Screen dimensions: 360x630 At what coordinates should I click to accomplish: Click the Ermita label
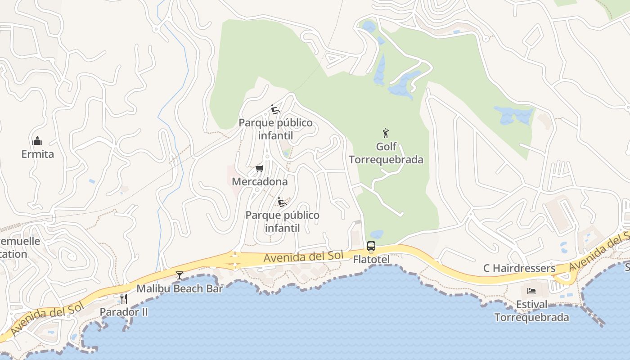coord(38,154)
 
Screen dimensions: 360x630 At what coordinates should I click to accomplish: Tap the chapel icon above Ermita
coord(38,141)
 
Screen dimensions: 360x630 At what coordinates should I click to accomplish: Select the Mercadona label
coord(260,182)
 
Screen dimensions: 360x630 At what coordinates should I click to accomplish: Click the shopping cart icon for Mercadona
coord(259,169)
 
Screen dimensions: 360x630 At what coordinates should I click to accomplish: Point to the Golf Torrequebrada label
coord(386,153)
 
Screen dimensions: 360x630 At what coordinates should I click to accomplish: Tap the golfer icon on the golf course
coord(386,133)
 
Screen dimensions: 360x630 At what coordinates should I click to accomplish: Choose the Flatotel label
coord(371,260)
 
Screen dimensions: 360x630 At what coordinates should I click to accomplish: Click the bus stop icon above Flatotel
coord(371,246)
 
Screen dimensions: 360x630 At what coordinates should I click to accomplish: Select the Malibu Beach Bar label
coord(180,289)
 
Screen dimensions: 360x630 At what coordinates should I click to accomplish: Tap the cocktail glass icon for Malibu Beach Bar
coord(180,275)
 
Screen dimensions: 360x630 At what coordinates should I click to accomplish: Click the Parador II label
coord(124,312)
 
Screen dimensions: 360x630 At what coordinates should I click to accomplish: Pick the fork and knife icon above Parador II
coord(124,298)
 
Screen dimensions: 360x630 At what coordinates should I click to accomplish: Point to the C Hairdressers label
coord(519,269)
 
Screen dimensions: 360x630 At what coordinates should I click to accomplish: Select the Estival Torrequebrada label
coord(531,311)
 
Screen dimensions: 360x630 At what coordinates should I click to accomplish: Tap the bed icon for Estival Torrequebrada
coord(531,291)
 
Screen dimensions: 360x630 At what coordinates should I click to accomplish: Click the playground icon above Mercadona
coord(275,109)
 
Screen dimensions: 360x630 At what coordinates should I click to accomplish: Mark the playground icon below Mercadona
coord(282,202)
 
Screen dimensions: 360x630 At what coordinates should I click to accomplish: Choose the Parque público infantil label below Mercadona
coord(282,221)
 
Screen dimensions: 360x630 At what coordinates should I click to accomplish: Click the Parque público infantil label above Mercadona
coord(275,129)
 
